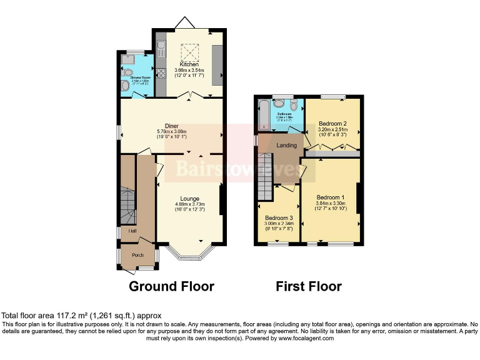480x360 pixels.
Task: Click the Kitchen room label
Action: pos(189,64)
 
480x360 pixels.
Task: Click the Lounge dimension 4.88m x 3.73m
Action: pos(189,204)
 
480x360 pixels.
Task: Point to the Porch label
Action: pos(137,254)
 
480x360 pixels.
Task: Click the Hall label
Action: pos(132,232)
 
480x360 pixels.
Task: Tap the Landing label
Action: pos(286,146)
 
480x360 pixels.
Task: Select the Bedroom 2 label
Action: pos(332,124)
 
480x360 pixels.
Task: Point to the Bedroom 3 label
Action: pos(279,218)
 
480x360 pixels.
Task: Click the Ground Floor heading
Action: pos(171,287)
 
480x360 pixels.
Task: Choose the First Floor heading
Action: pos(309,287)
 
